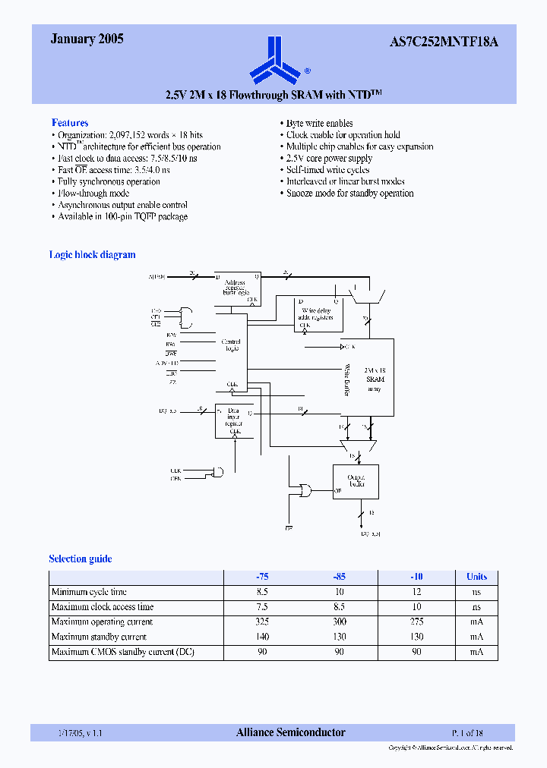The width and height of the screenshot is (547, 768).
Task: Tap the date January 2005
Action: point(87,39)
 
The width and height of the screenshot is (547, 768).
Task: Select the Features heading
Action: point(70,123)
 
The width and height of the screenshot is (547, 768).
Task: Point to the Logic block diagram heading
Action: point(92,255)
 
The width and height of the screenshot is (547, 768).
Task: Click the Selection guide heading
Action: point(81,559)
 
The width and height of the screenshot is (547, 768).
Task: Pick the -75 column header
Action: point(262,577)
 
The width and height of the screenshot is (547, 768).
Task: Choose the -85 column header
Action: point(340,577)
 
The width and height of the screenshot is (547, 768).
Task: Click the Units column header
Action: point(477,577)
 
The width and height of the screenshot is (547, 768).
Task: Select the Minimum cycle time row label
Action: point(89,592)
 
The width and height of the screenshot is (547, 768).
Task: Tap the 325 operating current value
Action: point(262,622)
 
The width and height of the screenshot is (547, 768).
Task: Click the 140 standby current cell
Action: point(262,637)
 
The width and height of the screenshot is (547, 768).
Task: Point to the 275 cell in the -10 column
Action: point(416,622)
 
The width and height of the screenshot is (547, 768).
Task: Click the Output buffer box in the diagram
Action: point(355,480)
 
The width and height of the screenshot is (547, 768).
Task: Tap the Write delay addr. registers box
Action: point(318,314)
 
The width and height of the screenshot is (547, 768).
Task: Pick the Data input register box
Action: point(235,420)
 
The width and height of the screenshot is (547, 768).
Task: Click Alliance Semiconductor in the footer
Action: point(291,733)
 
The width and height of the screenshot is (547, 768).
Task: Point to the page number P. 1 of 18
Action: point(468,733)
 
